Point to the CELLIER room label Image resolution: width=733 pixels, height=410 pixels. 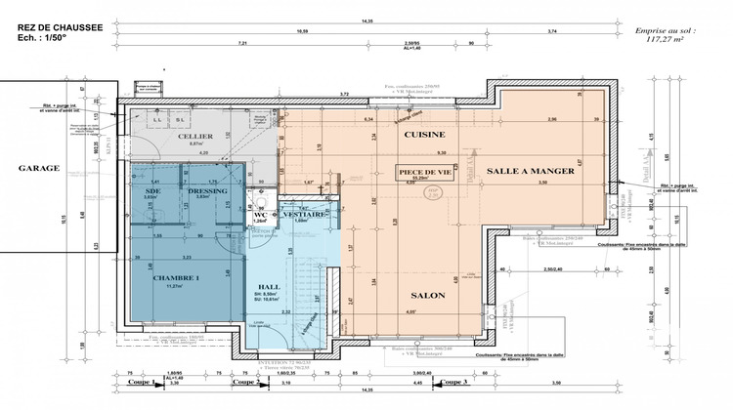click(x=195, y=138)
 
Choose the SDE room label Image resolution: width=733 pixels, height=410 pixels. click(x=151, y=189)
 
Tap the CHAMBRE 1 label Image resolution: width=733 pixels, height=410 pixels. click(x=176, y=277)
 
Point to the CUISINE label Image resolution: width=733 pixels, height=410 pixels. click(x=425, y=135)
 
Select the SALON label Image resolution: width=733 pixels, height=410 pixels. click(x=415, y=293)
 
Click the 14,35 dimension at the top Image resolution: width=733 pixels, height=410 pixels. click(x=366, y=21)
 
